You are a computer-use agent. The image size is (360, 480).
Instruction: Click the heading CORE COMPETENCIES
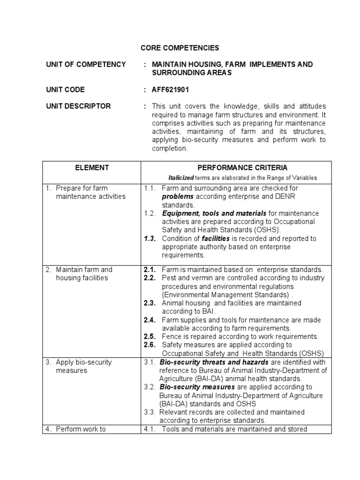click(x=173, y=48)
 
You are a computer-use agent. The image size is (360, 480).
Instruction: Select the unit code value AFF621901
click(x=171, y=90)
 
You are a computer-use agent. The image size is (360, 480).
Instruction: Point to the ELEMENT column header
click(x=91, y=168)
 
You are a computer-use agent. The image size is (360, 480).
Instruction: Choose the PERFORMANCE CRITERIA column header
click(x=236, y=168)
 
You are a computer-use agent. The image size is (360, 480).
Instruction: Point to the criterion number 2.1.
click(x=150, y=270)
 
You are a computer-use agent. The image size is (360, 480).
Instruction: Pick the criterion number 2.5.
click(x=150, y=337)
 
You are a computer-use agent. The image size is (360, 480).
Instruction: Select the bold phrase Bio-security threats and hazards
click(x=214, y=362)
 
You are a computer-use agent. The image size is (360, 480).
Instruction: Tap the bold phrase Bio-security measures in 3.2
click(x=197, y=387)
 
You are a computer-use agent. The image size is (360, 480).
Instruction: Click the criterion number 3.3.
click(x=150, y=412)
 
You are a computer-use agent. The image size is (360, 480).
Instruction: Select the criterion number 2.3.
click(x=150, y=303)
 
